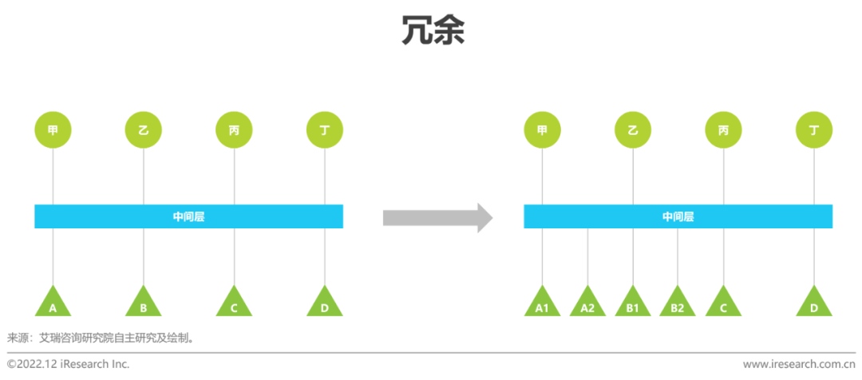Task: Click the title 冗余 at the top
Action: pyautogui.click(x=432, y=30)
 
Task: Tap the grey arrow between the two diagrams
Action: pyautogui.click(x=437, y=217)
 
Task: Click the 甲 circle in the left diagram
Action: pyautogui.click(x=53, y=129)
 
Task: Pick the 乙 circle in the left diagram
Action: pyautogui.click(x=144, y=129)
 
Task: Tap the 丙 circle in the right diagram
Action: pyautogui.click(x=723, y=129)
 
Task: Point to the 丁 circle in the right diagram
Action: pyautogui.click(x=814, y=129)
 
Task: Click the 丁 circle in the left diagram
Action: pyautogui.click(x=325, y=129)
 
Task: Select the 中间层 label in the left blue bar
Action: pyautogui.click(x=188, y=216)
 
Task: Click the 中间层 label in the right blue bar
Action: pyautogui.click(x=678, y=216)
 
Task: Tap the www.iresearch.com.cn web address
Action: pyautogui.click(x=799, y=364)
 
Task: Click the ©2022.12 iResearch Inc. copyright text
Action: pyautogui.click(x=68, y=364)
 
